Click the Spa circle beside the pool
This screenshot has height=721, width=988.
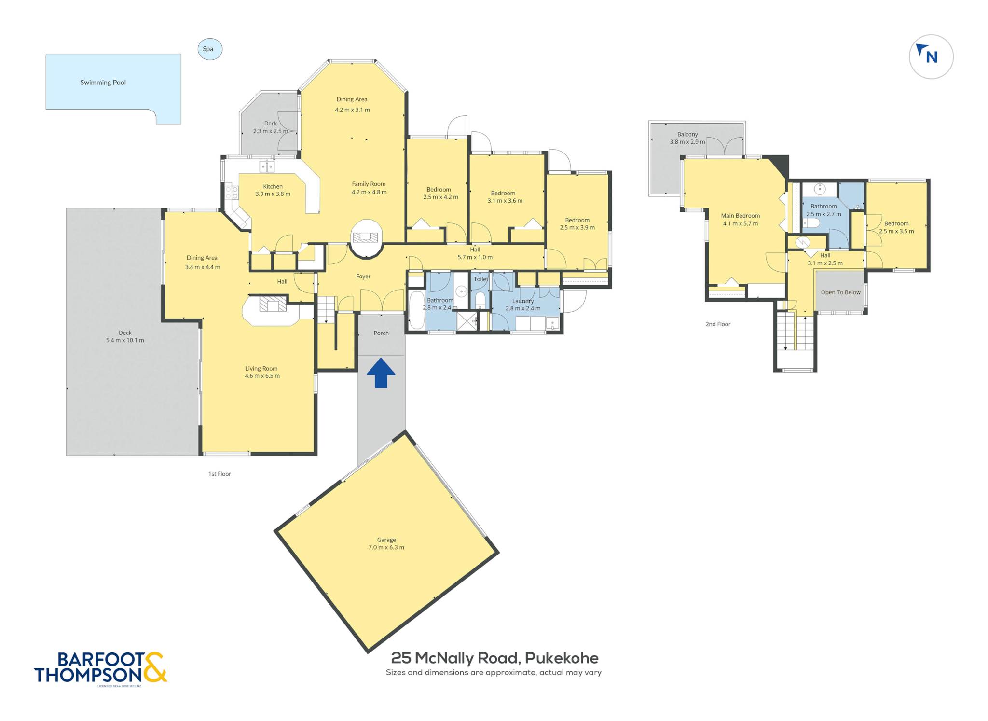tap(210, 49)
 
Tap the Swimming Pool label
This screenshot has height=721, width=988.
tap(103, 83)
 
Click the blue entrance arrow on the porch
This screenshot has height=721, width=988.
tap(381, 373)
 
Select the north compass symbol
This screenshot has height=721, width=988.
tap(931, 56)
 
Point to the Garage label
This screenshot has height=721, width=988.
tap(386, 540)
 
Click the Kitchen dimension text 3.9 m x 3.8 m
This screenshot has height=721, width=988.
tap(273, 194)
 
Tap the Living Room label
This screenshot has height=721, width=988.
tap(261, 369)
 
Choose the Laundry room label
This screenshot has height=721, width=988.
tap(523, 301)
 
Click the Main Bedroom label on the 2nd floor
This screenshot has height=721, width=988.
tap(741, 216)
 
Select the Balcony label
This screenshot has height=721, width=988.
tap(687, 134)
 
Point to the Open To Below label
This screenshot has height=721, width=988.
tap(841, 292)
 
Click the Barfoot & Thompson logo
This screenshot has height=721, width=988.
tap(100, 668)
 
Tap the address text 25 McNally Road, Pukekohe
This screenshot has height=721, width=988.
tap(494, 658)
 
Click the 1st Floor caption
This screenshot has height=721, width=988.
tap(220, 474)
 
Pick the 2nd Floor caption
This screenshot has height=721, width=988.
tap(718, 324)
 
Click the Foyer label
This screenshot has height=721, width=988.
tap(363, 277)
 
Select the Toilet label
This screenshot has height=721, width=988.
tap(481, 279)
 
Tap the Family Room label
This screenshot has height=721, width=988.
tap(369, 184)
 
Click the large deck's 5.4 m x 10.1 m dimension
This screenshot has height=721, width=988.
tap(125, 340)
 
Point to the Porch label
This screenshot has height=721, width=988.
tap(381, 333)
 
